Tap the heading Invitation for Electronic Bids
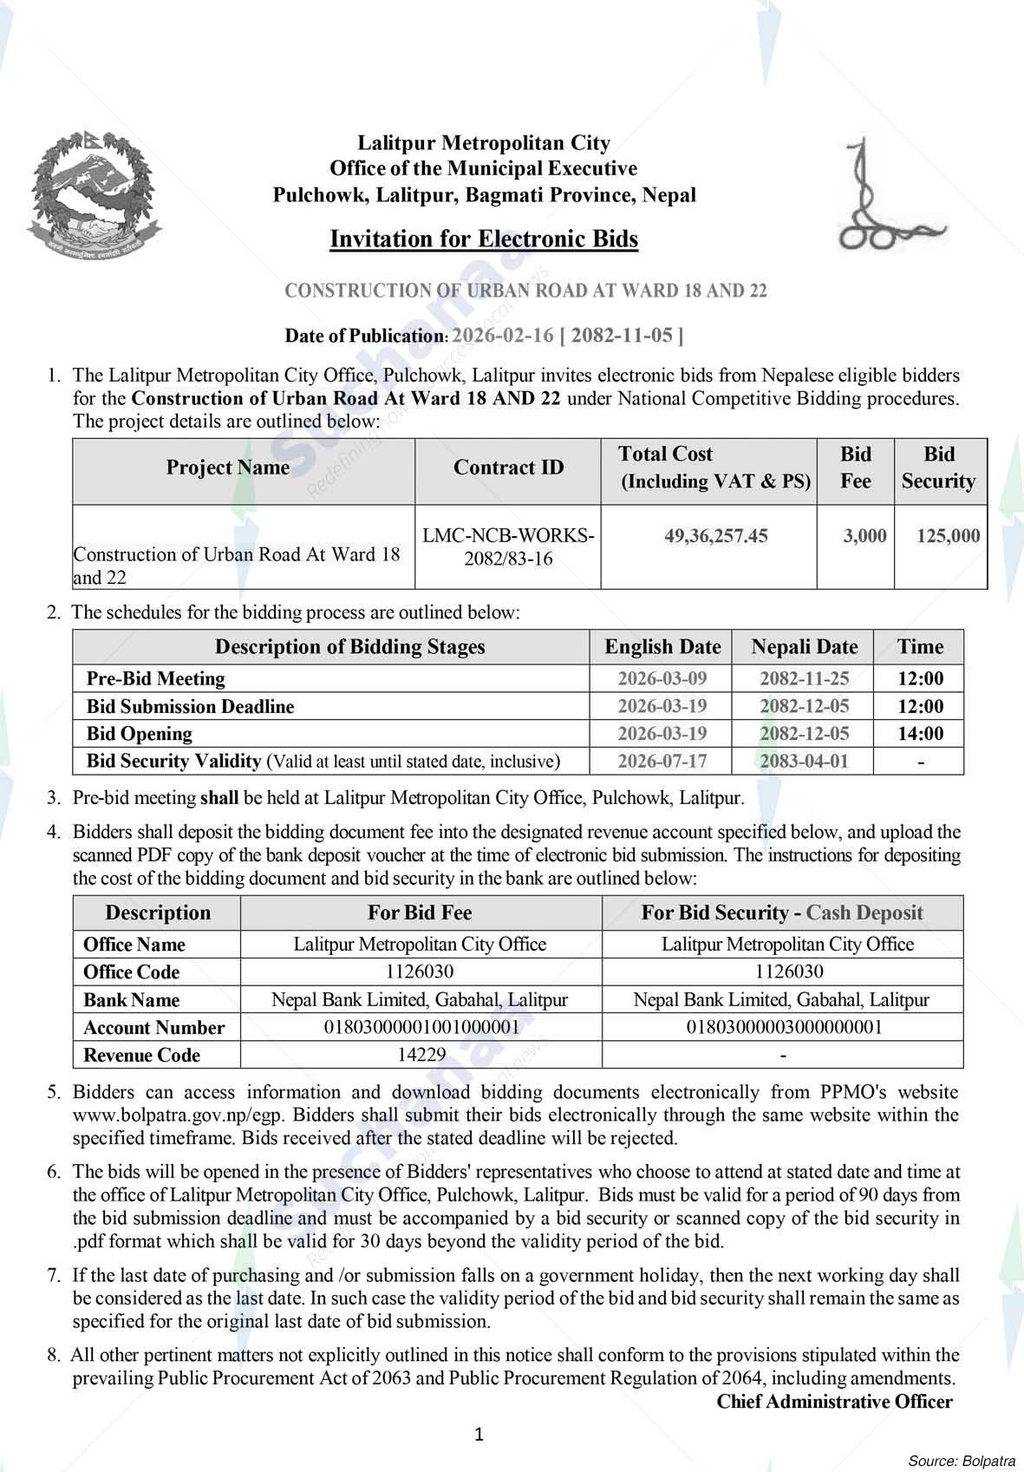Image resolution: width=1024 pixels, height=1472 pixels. coord(484,239)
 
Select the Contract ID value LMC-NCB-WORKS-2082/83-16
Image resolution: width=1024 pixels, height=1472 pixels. coord(508,547)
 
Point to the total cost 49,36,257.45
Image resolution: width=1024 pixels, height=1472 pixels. coord(715,536)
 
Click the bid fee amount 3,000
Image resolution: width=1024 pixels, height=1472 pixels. coord(864,536)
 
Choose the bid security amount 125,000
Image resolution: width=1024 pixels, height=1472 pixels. coord(948,536)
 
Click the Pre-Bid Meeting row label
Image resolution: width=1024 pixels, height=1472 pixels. coord(156,678)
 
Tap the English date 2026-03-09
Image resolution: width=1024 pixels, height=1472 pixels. coord(662,678)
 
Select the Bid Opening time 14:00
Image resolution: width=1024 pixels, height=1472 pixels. coord(920,734)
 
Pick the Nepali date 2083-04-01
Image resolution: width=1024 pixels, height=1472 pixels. coord(804,762)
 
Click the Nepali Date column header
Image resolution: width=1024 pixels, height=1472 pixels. coord(804,647)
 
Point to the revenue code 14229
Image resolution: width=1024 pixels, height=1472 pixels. coord(421,1055)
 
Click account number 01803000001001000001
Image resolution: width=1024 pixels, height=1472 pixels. coord(421,1027)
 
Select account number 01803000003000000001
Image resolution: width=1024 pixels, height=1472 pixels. coord(784,1027)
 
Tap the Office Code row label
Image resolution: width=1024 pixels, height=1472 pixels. coord(132,972)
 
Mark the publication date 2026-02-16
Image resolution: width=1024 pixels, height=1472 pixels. coord(503,336)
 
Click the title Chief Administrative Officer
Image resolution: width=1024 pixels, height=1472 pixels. coord(834,1402)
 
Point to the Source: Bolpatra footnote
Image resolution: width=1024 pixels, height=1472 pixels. coord(962,1460)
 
